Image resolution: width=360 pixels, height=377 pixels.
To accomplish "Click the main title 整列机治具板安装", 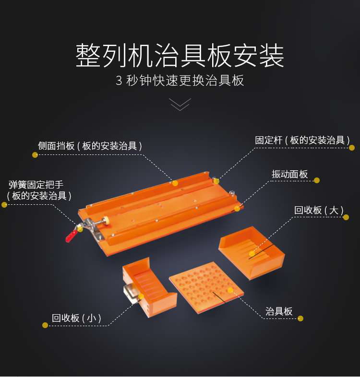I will tap(180, 56).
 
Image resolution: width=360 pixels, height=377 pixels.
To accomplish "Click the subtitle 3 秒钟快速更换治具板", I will tap(180, 80).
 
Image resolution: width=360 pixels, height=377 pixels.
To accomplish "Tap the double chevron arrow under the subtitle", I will tap(180, 105).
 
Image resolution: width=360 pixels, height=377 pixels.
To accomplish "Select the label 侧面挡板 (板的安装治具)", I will tap(90, 146).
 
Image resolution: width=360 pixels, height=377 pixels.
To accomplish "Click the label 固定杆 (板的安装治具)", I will tap(301, 140).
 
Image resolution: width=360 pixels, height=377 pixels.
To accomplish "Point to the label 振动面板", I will tap(289, 174).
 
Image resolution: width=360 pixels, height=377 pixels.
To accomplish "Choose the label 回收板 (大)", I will tap(318, 210).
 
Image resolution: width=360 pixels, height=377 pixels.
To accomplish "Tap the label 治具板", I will tap(279, 311).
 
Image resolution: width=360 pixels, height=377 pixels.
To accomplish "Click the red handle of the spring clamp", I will tap(72, 235).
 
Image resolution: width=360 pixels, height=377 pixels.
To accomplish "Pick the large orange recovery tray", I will tap(252, 257).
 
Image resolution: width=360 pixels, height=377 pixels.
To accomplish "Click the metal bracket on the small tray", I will tap(131, 293).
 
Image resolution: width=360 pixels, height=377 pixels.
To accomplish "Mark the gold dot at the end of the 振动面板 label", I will tap(317, 180).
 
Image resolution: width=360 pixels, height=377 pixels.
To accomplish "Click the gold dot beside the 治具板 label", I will tap(300, 318).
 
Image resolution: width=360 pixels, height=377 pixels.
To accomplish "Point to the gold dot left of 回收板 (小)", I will tap(45, 325).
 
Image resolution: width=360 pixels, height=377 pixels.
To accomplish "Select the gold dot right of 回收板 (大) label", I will tap(346, 217).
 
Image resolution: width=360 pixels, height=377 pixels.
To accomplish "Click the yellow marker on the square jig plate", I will tap(230, 290).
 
